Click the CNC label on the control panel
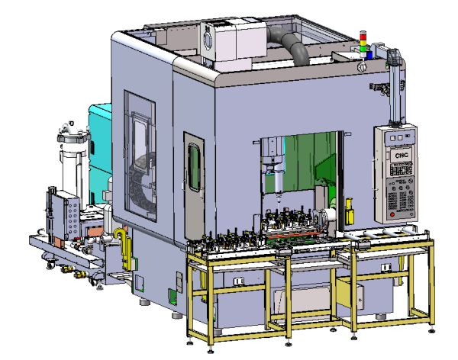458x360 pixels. point(402,155)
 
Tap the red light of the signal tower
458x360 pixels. point(363,37)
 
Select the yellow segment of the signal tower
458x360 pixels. point(363,43)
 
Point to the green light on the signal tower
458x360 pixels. point(363,47)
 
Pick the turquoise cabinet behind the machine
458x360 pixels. point(100,152)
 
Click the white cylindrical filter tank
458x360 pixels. point(73,163)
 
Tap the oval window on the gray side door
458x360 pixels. point(194,167)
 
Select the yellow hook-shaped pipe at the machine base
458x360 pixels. point(123,246)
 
